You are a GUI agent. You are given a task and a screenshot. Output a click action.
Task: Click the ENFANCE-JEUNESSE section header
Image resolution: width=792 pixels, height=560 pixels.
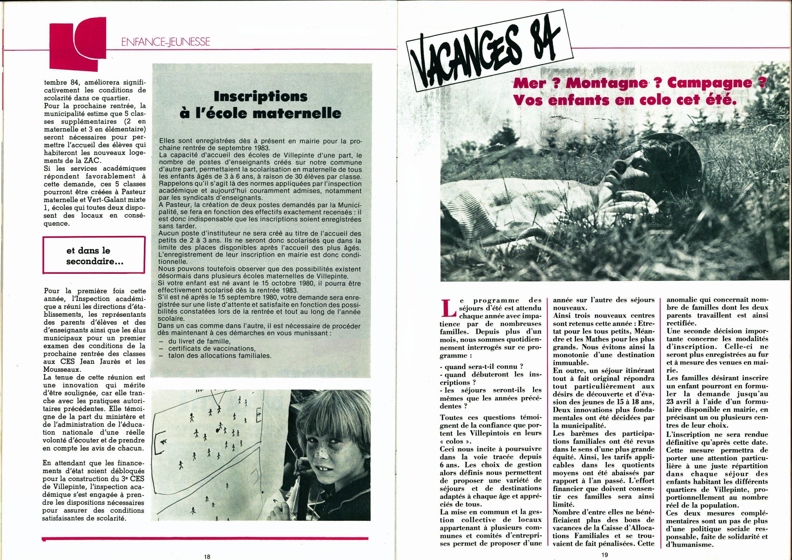(x=166, y=42)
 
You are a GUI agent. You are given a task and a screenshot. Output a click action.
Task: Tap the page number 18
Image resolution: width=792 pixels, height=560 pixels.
(x=207, y=556)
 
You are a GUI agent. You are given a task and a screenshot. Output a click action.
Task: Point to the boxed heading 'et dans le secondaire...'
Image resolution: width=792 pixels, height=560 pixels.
(x=93, y=256)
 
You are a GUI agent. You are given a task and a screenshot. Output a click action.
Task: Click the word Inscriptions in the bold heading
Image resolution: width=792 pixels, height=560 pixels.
(x=260, y=97)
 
